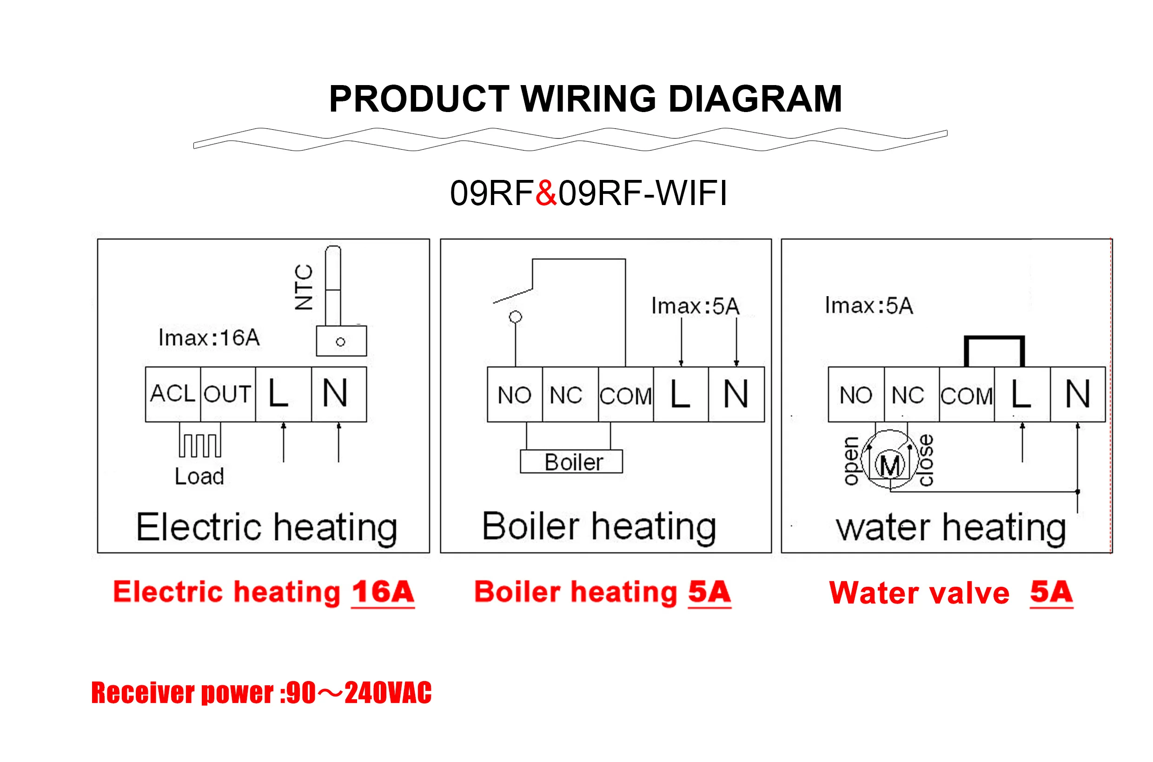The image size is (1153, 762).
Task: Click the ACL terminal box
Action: pyautogui.click(x=172, y=394)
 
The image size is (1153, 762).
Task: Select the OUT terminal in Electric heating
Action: pyautogui.click(x=227, y=394)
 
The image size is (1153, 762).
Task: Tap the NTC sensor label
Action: pyautogui.click(x=304, y=287)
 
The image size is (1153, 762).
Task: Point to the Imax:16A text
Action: pyautogui.click(x=209, y=338)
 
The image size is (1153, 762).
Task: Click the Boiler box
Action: pyautogui.click(x=571, y=462)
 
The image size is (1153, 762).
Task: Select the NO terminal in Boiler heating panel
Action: pyautogui.click(x=515, y=395)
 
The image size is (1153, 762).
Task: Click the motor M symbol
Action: pyautogui.click(x=890, y=465)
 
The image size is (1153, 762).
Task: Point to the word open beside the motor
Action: pyautogui.click(x=850, y=461)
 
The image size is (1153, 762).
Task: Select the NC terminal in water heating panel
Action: pyautogui.click(x=907, y=395)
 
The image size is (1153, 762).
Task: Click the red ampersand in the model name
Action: pyautogui.click(x=546, y=193)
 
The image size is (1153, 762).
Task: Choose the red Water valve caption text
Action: pyautogui.click(x=919, y=593)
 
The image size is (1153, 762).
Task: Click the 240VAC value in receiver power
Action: pyautogui.click(x=388, y=693)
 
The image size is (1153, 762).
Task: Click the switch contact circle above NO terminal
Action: pyautogui.click(x=515, y=318)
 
